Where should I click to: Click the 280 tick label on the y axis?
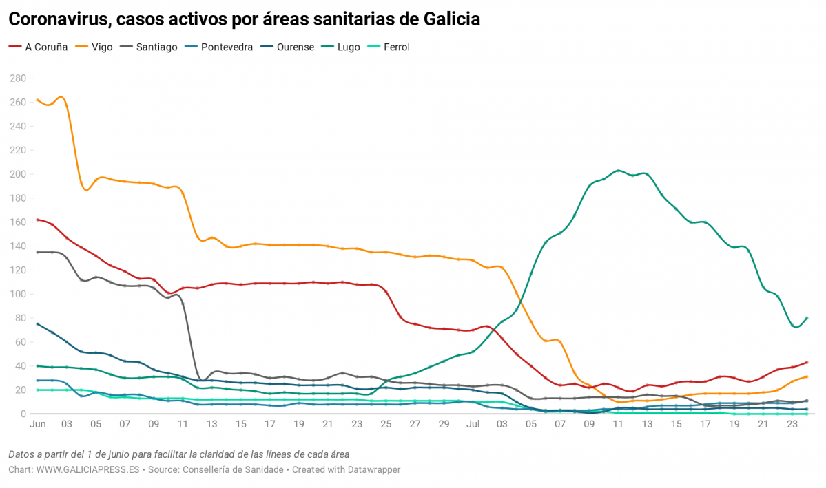pos(17,78)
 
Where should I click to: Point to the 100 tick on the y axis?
pos(17,294)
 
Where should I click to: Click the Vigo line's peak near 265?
pos(61,97)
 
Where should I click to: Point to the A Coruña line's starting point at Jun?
pos(37,220)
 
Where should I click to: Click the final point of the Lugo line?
pos(807,318)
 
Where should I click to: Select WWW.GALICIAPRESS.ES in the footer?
pos(87,469)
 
